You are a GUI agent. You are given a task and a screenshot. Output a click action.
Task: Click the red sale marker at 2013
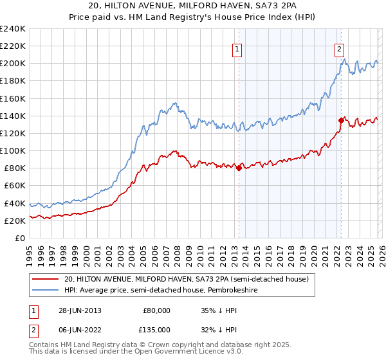[x=239, y=168]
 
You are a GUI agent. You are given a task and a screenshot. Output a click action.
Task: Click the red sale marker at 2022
[x=340, y=120]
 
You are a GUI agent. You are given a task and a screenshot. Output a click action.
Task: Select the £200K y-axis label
[x=13, y=64]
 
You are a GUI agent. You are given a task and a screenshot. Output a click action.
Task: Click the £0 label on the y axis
[x=19, y=238]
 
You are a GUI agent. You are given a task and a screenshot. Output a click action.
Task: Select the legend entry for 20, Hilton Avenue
[x=187, y=279]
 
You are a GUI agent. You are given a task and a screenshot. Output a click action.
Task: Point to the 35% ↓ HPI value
[x=219, y=310]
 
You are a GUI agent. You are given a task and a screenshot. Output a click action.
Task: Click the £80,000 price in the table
[x=156, y=310]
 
